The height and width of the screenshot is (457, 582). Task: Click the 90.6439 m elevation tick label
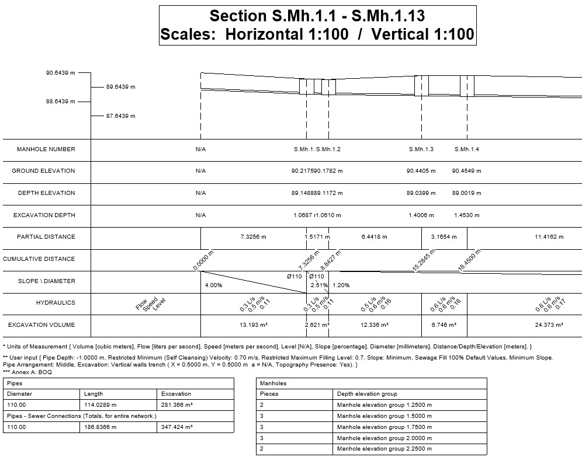pos(61,73)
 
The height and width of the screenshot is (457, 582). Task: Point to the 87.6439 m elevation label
pos(120,116)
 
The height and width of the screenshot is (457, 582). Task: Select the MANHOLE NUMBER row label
pos(46,149)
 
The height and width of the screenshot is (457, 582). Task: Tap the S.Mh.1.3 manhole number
pos(421,149)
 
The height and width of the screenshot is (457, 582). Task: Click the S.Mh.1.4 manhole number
pos(466,149)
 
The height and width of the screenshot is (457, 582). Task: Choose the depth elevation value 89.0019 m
pos(466,193)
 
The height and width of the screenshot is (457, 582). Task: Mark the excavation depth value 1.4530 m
pos(466,215)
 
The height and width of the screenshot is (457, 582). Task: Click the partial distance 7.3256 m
pos(253,237)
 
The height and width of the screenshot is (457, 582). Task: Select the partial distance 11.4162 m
pos(549,237)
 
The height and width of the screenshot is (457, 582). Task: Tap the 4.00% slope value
pos(214,285)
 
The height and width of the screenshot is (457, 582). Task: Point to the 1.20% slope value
pos(341,285)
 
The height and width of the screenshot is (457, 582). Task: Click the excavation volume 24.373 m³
pos(549,325)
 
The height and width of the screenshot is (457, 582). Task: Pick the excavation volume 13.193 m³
pos(254,325)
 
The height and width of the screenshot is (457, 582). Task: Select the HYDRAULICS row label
pos(56,303)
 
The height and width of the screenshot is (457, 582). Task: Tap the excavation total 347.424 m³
pos(177,427)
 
